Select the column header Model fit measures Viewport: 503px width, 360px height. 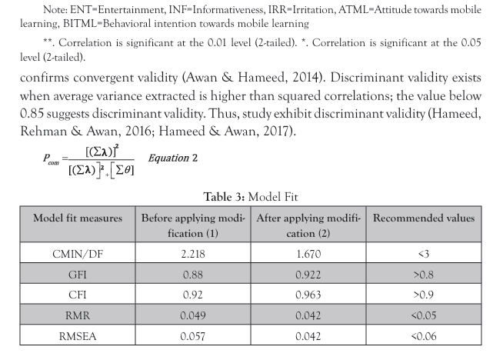pos(77,218)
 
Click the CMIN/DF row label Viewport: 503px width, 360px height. pos(77,255)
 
